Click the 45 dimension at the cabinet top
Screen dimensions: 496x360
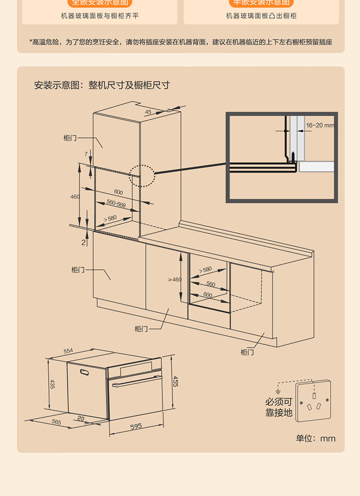pyautogui.click(x=148, y=112)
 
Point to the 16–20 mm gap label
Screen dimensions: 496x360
pyautogui.click(x=320, y=125)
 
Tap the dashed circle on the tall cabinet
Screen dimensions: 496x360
pyautogui.click(x=142, y=176)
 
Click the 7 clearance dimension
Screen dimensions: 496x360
pyautogui.click(x=86, y=154)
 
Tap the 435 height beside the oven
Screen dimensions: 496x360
pyautogui.click(x=52, y=384)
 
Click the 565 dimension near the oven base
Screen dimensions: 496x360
pyautogui.click(x=56, y=422)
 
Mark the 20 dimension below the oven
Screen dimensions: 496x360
pyautogui.click(x=81, y=419)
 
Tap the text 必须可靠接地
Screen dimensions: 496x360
pyautogui.click(x=279, y=408)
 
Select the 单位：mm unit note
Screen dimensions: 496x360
pyautogui.click(x=315, y=438)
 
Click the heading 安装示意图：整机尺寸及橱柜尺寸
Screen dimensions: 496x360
pyautogui.click(x=102, y=85)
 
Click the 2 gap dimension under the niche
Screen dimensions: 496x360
pyautogui.click(x=83, y=242)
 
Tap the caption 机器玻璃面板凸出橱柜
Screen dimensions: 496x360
pyautogui.click(x=261, y=16)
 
